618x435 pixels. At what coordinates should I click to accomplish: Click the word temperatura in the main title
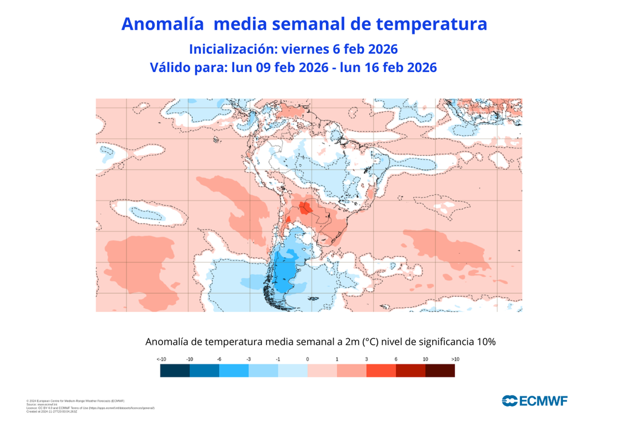click(431, 24)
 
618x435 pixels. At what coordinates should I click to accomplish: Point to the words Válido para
click(188, 68)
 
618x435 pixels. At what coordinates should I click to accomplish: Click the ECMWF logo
click(534, 401)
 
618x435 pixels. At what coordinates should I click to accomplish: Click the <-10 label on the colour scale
click(162, 359)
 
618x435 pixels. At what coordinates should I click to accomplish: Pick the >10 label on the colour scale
click(455, 359)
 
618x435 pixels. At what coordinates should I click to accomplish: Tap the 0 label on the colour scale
click(307, 359)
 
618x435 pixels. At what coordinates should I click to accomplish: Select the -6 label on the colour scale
click(219, 359)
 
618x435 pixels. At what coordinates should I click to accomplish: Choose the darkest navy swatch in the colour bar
click(175, 371)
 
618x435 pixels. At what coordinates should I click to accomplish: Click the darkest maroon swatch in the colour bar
click(440, 371)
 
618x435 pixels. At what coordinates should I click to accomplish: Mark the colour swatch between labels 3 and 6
click(381, 371)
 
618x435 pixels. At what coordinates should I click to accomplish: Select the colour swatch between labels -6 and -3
click(234, 371)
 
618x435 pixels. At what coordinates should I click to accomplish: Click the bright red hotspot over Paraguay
click(306, 208)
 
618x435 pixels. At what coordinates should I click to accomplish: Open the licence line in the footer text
click(91, 408)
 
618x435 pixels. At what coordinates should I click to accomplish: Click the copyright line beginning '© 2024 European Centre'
click(75, 401)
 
